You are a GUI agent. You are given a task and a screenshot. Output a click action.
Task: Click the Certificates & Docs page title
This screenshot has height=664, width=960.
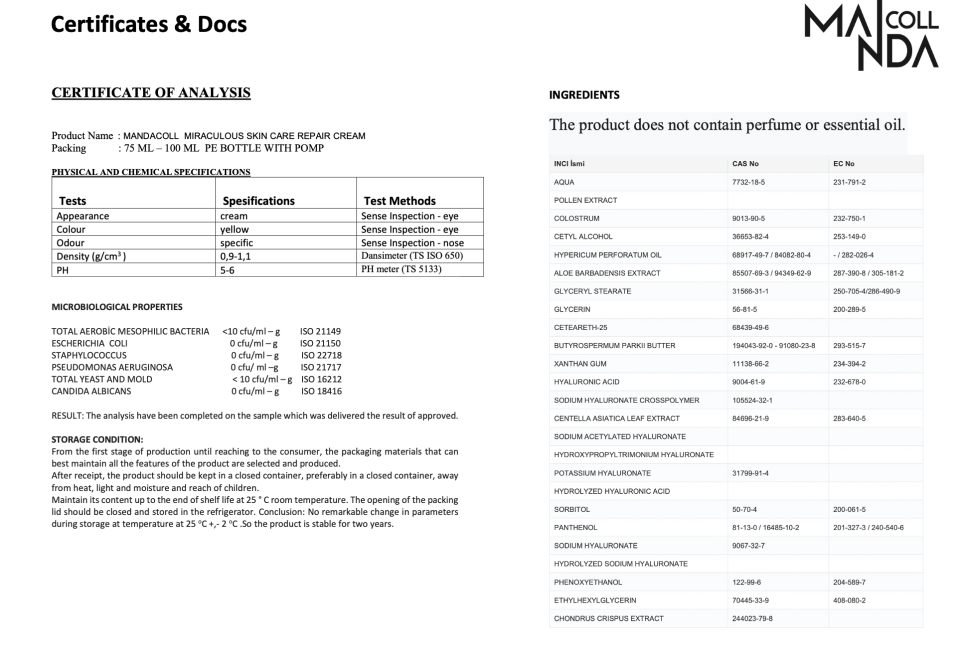click(x=149, y=23)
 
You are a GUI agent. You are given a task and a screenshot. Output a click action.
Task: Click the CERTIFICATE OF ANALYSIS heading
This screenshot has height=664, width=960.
click(x=151, y=93)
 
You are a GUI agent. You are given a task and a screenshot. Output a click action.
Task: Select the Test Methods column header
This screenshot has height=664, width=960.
click(x=400, y=200)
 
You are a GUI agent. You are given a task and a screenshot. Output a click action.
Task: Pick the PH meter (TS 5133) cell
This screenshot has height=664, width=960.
click(x=401, y=269)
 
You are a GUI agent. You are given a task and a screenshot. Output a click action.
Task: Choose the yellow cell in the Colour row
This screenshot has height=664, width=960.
click(x=234, y=229)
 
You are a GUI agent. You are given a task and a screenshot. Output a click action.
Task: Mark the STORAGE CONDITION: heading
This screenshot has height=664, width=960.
click(x=97, y=438)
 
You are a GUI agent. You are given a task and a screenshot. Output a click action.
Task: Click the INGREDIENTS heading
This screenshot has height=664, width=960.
click(x=584, y=95)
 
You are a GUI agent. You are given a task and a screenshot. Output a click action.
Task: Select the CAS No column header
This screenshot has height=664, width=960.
click(x=745, y=164)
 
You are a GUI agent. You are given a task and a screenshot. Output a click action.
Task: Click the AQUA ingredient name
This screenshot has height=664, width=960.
click(x=564, y=182)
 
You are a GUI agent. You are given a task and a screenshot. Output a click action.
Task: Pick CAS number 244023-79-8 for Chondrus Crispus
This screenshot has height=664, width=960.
click(x=753, y=618)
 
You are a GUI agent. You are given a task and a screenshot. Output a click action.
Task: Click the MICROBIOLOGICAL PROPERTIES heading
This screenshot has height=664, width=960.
click(x=117, y=306)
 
